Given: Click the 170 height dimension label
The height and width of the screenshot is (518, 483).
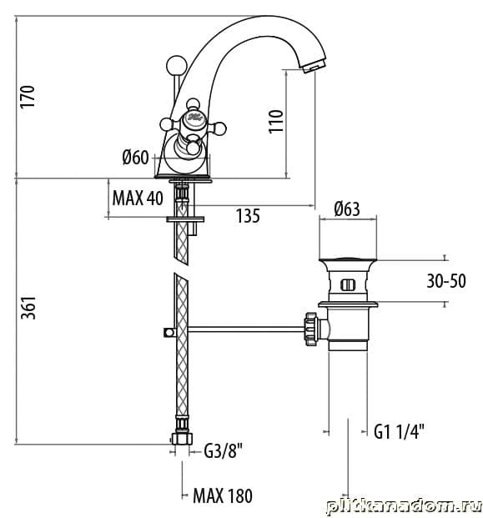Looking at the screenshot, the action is point(28,96).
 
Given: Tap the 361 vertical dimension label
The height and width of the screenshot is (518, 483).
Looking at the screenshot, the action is point(28,307).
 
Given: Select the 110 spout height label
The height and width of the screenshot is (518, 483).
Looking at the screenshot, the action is point(276,122).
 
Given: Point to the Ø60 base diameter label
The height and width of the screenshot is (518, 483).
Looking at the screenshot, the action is point(135,158).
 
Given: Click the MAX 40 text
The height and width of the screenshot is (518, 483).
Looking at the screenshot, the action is point(138,199).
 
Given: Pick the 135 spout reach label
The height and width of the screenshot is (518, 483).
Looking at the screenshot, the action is point(248,216).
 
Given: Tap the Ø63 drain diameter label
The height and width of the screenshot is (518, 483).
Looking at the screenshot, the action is point(347,209).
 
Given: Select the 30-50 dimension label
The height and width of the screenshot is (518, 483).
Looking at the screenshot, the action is point(446,281).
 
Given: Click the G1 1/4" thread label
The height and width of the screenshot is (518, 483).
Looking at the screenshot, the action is point(399,431).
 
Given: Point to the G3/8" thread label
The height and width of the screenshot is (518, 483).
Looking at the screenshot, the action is point(224,450).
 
